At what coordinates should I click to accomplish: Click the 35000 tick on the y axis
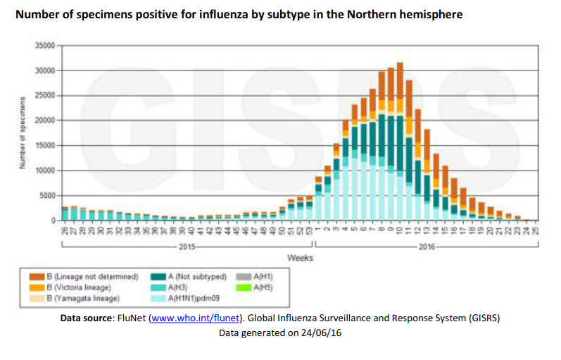(x=45, y=45)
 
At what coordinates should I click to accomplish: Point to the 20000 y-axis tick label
(x=45, y=120)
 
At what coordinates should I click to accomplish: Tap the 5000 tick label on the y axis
(x=47, y=195)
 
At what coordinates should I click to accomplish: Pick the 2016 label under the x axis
(x=428, y=247)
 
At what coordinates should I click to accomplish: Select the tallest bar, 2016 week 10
(x=400, y=141)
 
